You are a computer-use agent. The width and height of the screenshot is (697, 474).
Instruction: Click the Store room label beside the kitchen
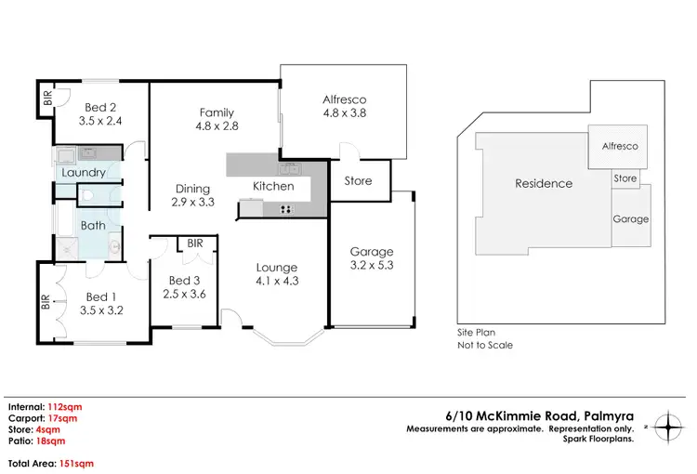pyautogui.click(x=359, y=181)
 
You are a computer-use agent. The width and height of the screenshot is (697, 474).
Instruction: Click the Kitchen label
pyautogui.click(x=273, y=187)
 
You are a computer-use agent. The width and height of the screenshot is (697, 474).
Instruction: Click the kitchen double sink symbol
pyautogui.click(x=290, y=168)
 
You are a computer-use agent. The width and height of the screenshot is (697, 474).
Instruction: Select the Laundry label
pyautogui.click(x=84, y=173)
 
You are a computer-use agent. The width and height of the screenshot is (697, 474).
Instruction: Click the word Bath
pyautogui.click(x=93, y=225)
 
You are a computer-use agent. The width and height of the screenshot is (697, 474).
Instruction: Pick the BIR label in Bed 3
pyautogui.click(x=195, y=244)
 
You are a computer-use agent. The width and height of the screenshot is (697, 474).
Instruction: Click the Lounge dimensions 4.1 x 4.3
pyautogui.click(x=278, y=281)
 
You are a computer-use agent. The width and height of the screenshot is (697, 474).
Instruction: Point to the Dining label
pyautogui.click(x=192, y=189)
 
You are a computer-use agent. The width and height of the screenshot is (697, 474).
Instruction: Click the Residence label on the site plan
pyautogui.click(x=544, y=183)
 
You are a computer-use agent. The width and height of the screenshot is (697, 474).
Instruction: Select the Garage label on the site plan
pyautogui.click(x=630, y=219)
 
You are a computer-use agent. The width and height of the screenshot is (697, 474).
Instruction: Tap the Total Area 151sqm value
pyautogui.click(x=75, y=463)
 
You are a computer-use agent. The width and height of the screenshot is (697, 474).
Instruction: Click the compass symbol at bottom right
pyautogui.click(x=667, y=428)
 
